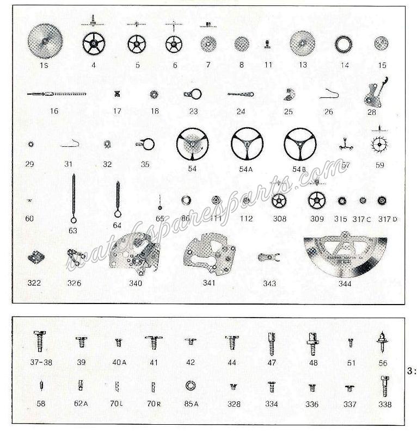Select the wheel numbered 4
pyautogui.click(x=94, y=44)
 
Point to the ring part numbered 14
pyautogui.click(x=344, y=44)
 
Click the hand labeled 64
pyautogui.click(x=117, y=199)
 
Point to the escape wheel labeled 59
pyautogui.click(x=379, y=144)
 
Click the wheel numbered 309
pyautogui.click(x=316, y=201)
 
